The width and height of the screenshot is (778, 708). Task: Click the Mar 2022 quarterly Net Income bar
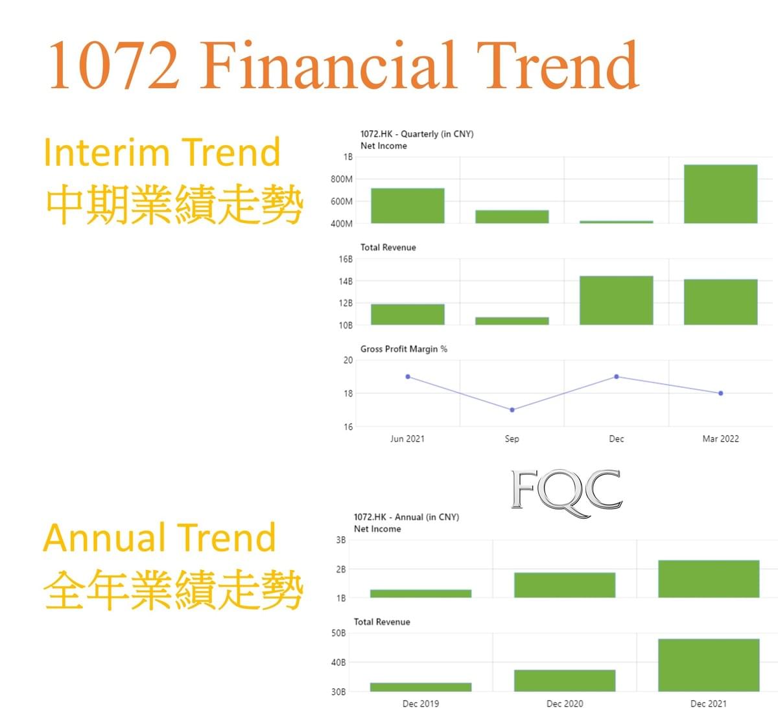720,194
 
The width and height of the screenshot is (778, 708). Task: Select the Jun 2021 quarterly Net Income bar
408,205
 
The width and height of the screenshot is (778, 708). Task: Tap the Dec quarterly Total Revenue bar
616,301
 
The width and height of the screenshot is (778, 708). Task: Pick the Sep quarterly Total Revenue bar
512,321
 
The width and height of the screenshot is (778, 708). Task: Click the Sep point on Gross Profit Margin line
512,409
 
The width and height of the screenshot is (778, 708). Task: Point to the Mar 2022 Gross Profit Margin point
720,393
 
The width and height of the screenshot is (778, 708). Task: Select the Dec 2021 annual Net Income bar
709,578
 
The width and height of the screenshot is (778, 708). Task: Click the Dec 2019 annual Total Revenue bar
421,687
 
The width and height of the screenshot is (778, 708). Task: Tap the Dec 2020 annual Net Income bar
565,585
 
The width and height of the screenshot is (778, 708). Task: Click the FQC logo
567,493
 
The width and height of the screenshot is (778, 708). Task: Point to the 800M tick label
341,179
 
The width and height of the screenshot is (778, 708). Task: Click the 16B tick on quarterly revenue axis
346,259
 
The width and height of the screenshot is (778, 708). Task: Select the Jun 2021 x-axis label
407,439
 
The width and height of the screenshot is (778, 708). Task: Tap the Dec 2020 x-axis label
565,703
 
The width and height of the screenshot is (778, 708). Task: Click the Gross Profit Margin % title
404,348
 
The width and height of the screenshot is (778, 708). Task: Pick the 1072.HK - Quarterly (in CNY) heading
417,134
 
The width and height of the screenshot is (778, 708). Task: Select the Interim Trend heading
161,152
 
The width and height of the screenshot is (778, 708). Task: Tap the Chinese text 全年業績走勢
173,589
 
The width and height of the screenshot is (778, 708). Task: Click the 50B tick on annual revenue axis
338,634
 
